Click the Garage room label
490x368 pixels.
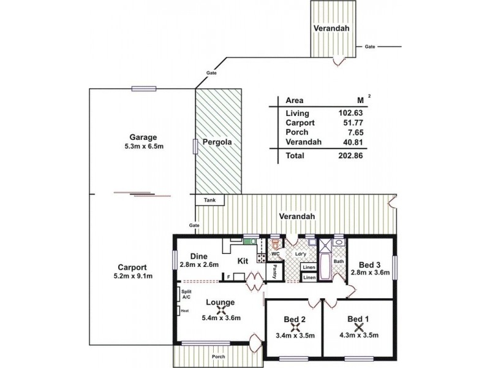pos(143,137)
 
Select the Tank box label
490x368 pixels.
pos(209,200)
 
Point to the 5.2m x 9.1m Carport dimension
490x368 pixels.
pos(132,277)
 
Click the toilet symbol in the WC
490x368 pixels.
pos(275,243)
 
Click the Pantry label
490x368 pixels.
pos(276,271)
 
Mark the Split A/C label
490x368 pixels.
pos(186,294)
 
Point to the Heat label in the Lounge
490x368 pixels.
pos(184,310)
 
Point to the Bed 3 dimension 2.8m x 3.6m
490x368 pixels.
pos(370,272)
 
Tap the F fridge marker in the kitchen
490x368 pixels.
pos(228,277)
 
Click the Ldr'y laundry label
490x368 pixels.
pos(301,253)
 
